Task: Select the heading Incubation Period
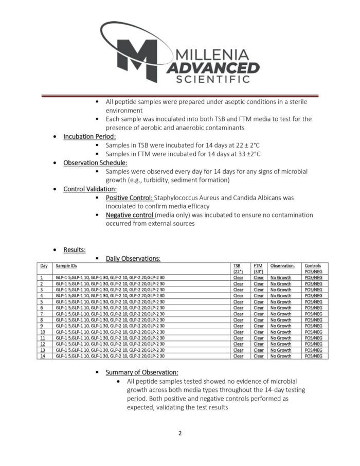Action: pyautogui.click(x=89, y=136)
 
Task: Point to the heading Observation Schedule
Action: pyautogui.click(x=95, y=163)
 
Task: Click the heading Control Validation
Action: pyautogui.click(x=90, y=189)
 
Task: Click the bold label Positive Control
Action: pyautogui.click(x=129, y=198)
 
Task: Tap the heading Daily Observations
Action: pyautogui.click(x=133, y=258)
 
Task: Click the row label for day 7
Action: pyautogui.click(x=41, y=314)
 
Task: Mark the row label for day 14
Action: pyautogui.click(x=42, y=356)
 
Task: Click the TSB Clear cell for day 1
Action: pyautogui.click(x=238, y=278)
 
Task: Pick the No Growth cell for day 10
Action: pyautogui.click(x=280, y=332)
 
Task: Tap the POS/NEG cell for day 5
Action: pyautogui.click(x=313, y=302)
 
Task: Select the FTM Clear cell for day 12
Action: pyautogui.click(x=259, y=344)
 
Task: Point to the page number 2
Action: pyautogui.click(x=180, y=433)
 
